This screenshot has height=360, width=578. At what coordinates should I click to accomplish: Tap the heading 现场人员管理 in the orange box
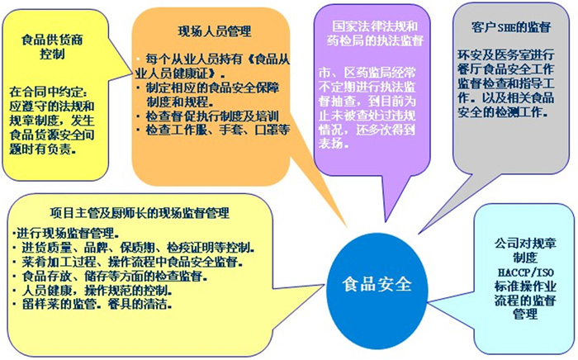click(x=215, y=31)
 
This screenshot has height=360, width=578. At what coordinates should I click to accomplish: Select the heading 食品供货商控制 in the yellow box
click(x=52, y=46)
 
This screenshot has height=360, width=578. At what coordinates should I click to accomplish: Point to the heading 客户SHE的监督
click(x=511, y=27)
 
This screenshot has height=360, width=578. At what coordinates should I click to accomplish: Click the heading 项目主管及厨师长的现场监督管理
click(x=140, y=212)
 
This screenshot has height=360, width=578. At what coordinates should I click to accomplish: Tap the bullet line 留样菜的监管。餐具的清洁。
click(x=92, y=305)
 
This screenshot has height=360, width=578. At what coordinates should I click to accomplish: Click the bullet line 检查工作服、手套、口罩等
click(x=213, y=130)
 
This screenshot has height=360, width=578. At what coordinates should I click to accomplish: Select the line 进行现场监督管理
click(x=65, y=234)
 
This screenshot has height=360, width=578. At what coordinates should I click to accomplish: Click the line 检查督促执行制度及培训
click(x=207, y=116)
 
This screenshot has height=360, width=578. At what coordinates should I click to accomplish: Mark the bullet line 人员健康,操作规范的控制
click(x=92, y=291)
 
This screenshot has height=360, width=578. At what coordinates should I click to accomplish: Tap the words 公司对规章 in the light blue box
click(x=525, y=244)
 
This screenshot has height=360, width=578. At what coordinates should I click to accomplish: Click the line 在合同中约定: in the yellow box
click(x=48, y=92)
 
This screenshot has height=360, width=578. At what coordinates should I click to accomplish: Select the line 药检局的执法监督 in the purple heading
click(x=375, y=40)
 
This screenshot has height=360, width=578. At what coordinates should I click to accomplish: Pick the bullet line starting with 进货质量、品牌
click(x=134, y=248)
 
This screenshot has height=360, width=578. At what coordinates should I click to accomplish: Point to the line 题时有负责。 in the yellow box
click(x=43, y=149)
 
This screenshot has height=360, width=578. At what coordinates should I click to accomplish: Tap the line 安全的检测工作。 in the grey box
click(x=503, y=112)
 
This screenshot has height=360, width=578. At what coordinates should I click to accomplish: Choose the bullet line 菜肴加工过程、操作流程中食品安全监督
click(x=127, y=262)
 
